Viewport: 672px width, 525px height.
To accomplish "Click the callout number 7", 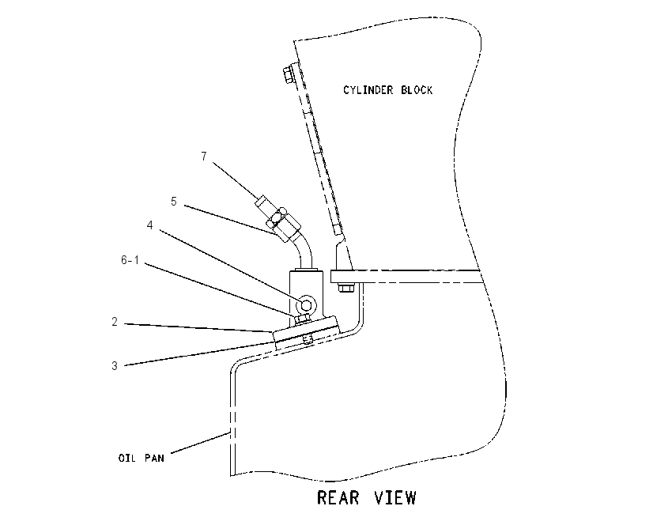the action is tap(204, 157).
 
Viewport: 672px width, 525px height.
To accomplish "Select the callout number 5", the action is tap(174, 202).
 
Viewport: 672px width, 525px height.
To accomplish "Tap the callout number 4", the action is tap(149, 225).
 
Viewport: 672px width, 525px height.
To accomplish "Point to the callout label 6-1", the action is tap(130, 260).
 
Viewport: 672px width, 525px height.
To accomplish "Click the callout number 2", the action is tap(115, 322).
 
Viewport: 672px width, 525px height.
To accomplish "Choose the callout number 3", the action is tap(115, 366).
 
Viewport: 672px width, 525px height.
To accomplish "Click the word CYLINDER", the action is tap(368, 90).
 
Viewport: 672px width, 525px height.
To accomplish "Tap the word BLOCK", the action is tap(417, 90).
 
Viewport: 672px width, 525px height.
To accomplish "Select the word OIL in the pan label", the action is tap(126, 458).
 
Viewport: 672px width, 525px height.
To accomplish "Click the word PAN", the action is tap(155, 458).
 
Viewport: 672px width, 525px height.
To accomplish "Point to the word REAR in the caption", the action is tap(338, 498).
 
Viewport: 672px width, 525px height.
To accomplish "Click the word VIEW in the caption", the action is tap(395, 498).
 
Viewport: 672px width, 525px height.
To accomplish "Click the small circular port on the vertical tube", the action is tap(307, 304).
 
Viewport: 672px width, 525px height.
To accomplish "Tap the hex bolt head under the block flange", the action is tap(345, 288).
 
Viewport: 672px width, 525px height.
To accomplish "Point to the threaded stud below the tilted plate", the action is tap(307, 339).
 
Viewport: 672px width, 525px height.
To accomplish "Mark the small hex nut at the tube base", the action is tap(303, 319).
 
